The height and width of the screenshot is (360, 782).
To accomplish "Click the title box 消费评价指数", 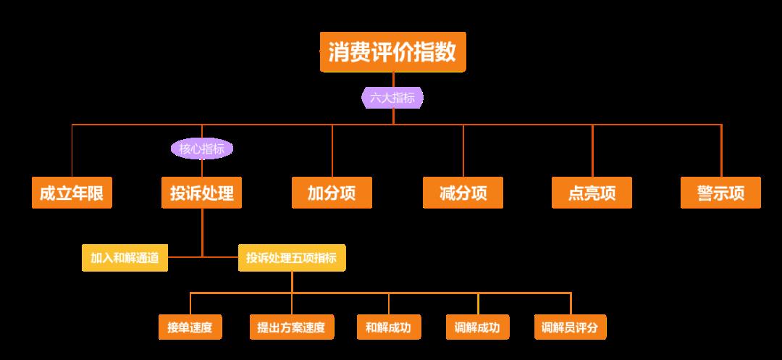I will [x=392, y=52].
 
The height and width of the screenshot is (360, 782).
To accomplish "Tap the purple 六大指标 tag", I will [x=392, y=98].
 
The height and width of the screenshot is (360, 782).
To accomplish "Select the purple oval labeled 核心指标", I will [x=202, y=149].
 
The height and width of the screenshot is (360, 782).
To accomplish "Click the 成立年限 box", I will [x=72, y=193].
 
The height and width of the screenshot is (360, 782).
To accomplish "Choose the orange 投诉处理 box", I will [x=202, y=193].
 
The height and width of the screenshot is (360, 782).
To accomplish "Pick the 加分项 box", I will [x=332, y=193].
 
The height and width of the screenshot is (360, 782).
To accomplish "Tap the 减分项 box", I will [x=463, y=193].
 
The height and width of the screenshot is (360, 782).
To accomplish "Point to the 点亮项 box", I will [x=592, y=193].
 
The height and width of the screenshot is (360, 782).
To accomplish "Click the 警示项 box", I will [x=720, y=193].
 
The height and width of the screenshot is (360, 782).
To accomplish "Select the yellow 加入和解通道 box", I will [x=125, y=257].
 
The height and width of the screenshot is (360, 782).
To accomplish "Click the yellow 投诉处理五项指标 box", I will [x=292, y=257].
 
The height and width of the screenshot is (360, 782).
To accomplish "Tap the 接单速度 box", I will [x=190, y=327].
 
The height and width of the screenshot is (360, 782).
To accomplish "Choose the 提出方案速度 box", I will [x=292, y=327].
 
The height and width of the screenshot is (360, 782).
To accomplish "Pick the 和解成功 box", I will [x=388, y=327].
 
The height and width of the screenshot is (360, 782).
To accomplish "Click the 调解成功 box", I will [x=478, y=327].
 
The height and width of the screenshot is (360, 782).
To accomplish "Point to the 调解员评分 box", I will [x=570, y=327].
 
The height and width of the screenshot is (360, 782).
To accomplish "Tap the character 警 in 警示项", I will [x=705, y=193].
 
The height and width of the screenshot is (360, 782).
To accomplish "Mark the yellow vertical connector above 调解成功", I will [x=478, y=304].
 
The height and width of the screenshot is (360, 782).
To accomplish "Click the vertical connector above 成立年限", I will [x=72, y=151].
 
